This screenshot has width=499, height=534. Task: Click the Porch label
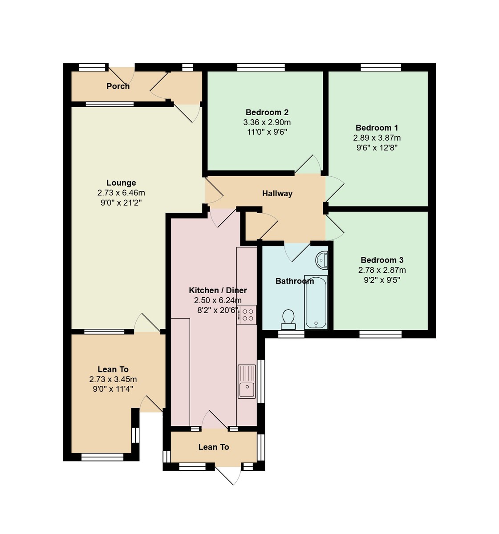(118, 86)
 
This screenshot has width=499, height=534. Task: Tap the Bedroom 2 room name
(267, 112)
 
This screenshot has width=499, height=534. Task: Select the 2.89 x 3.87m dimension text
(377, 138)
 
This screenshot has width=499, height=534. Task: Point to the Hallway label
(277, 194)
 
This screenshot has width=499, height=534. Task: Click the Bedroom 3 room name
(382, 260)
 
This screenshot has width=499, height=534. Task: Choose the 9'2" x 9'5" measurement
(382, 280)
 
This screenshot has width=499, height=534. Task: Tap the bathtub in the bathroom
(316, 302)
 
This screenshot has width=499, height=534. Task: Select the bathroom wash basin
(322, 259)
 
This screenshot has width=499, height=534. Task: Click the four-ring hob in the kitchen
(247, 315)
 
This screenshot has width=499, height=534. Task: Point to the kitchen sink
(246, 382)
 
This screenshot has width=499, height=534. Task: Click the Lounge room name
(121, 183)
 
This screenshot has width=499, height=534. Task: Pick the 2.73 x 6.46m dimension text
(121, 193)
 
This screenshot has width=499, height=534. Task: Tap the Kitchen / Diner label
(218, 290)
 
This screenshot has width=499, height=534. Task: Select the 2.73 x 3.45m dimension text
(113, 380)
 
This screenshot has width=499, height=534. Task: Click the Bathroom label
(295, 281)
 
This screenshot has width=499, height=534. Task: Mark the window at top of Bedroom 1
(381, 67)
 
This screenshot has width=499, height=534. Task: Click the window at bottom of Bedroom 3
(380, 333)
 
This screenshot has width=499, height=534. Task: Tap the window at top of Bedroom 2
(261, 67)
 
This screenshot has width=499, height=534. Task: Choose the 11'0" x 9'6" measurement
(267, 132)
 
